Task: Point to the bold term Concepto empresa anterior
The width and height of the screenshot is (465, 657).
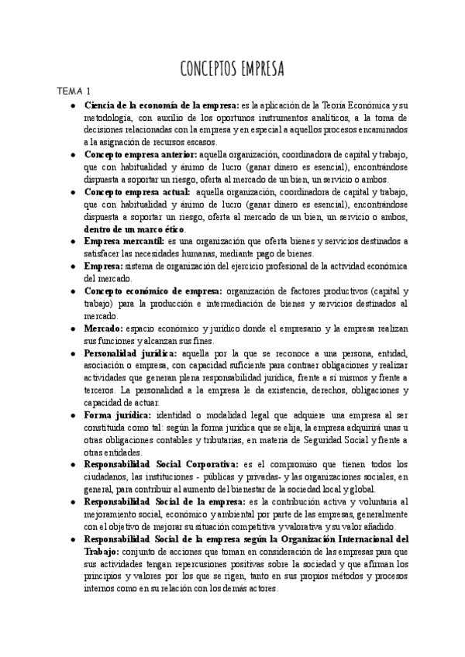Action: pyautogui.click(x=139, y=155)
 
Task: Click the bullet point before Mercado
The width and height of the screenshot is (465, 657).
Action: pyautogui.click(x=72, y=328)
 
